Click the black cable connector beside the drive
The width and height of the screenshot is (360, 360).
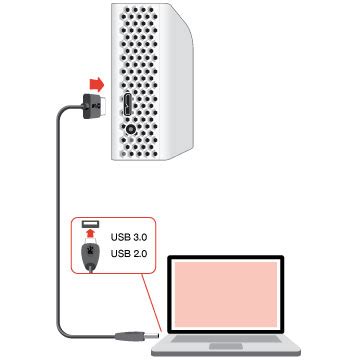click(92, 102)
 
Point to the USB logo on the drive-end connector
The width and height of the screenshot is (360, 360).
click(95, 102)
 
